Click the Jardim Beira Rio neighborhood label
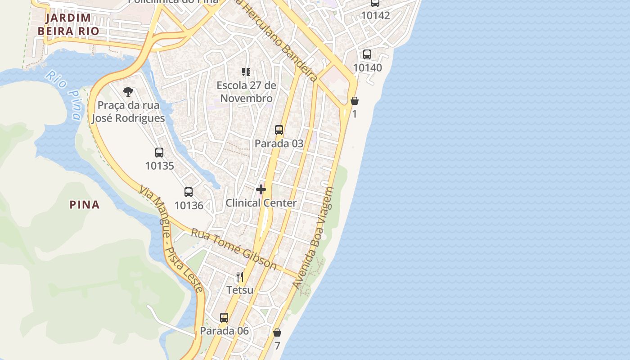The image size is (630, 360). tap(68, 24)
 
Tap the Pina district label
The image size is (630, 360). tap(85, 205)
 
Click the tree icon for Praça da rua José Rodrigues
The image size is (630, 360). tap(128, 92)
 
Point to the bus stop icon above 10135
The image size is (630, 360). tap(159, 152)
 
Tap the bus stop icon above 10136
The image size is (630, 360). tap(189, 192)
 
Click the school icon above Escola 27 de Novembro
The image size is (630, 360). tap(246, 72)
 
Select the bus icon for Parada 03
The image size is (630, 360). tap(279, 130)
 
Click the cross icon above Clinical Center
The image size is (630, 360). tap(261, 189)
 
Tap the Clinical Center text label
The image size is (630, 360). tap(261, 203)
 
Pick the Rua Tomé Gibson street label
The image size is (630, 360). tap(234, 249)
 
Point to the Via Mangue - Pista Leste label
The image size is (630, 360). tap(171, 238)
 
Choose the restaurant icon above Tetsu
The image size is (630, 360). tap(240, 276)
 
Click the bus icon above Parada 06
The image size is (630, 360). tap(224, 318)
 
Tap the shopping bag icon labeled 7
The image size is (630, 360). tap(277, 333)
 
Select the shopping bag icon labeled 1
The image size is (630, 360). tap(355, 100)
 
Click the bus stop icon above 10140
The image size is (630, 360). tap(367, 54)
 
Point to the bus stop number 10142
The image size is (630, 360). tap(375, 15)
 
